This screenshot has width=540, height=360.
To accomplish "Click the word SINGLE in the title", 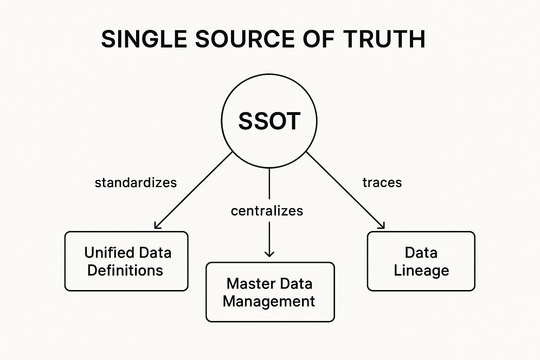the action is [144, 39].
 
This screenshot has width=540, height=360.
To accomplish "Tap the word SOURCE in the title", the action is [245, 39].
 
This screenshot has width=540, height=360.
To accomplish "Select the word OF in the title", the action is [318, 39].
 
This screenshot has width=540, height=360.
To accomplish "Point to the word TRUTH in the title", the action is [384, 39].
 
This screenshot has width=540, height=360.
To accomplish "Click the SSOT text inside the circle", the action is [269, 121].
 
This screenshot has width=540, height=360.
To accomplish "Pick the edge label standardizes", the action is [136, 182].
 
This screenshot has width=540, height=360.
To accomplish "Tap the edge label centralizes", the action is [267, 211].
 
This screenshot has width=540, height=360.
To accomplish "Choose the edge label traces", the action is [382, 182].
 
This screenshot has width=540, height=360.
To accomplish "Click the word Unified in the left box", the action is [109, 252].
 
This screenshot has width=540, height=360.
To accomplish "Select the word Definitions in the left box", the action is [125, 270].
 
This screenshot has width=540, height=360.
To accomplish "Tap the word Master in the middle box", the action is [248, 284].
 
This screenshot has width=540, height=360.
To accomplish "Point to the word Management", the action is [269, 302].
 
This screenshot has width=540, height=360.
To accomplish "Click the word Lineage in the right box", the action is [422, 271].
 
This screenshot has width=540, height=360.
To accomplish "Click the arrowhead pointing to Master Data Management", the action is [269, 254].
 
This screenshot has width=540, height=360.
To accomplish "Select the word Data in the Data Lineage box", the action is [421, 253].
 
